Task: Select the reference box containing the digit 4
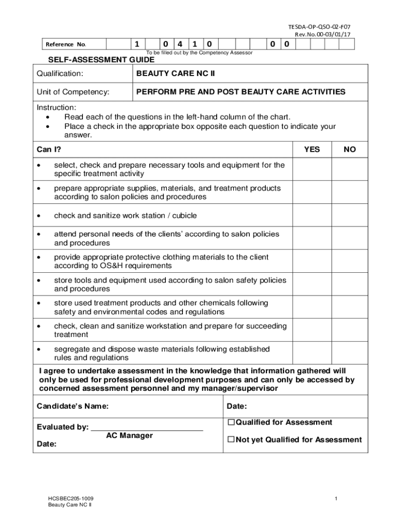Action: click(179, 44)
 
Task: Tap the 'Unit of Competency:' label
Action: click(73, 92)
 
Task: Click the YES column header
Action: click(311, 150)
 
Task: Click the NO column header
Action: click(350, 150)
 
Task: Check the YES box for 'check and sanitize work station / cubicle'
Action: click(311, 216)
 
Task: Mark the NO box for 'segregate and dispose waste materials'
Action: click(350, 354)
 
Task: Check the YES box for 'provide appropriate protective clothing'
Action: click(311, 261)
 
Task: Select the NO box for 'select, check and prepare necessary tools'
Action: click(350, 169)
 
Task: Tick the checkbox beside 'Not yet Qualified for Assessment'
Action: click(231, 440)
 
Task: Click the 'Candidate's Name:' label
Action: click(73, 406)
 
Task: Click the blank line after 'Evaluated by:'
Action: click(147, 427)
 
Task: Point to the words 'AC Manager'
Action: click(130, 436)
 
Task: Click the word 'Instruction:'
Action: click(56, 108)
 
